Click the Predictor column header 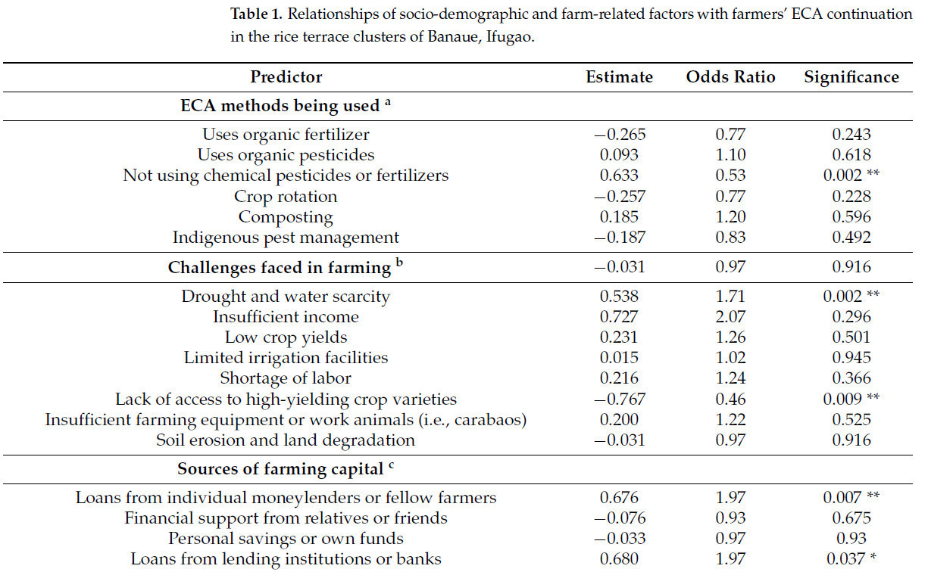tap(286, 77)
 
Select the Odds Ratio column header tap(730, 77)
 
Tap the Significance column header tap(851, 77)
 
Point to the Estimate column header tap(619, 77)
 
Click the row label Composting tap(286, 217)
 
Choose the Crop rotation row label tap(286, 197)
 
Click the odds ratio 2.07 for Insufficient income tap(730, 317)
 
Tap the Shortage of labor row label tap(286, 378)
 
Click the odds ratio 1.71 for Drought tap(730, 297)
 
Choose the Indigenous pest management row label tap(286, 238)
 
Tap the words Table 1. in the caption tap(257, 14)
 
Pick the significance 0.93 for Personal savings tap(851, 539)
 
